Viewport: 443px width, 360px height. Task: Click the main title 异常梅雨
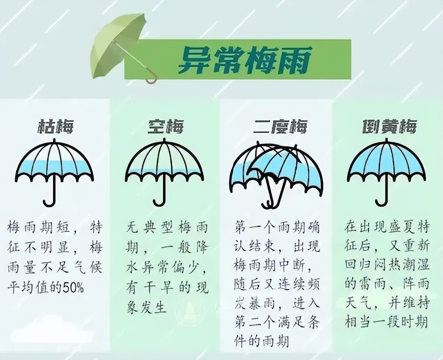pyautogui.click(x=245, y=60)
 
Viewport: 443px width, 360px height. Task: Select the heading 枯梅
pyautogui.click(x=56, y=126)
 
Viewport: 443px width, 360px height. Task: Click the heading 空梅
pyautogui.click(x=166, y=126)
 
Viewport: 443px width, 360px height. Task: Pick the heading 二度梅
pyautogui.click(x=280, y=126)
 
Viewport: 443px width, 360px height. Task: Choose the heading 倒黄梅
pyautogui.click(x=390, y=126)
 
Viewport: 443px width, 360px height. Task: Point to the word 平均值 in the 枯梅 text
pyautogui.click(x=27, y=288)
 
